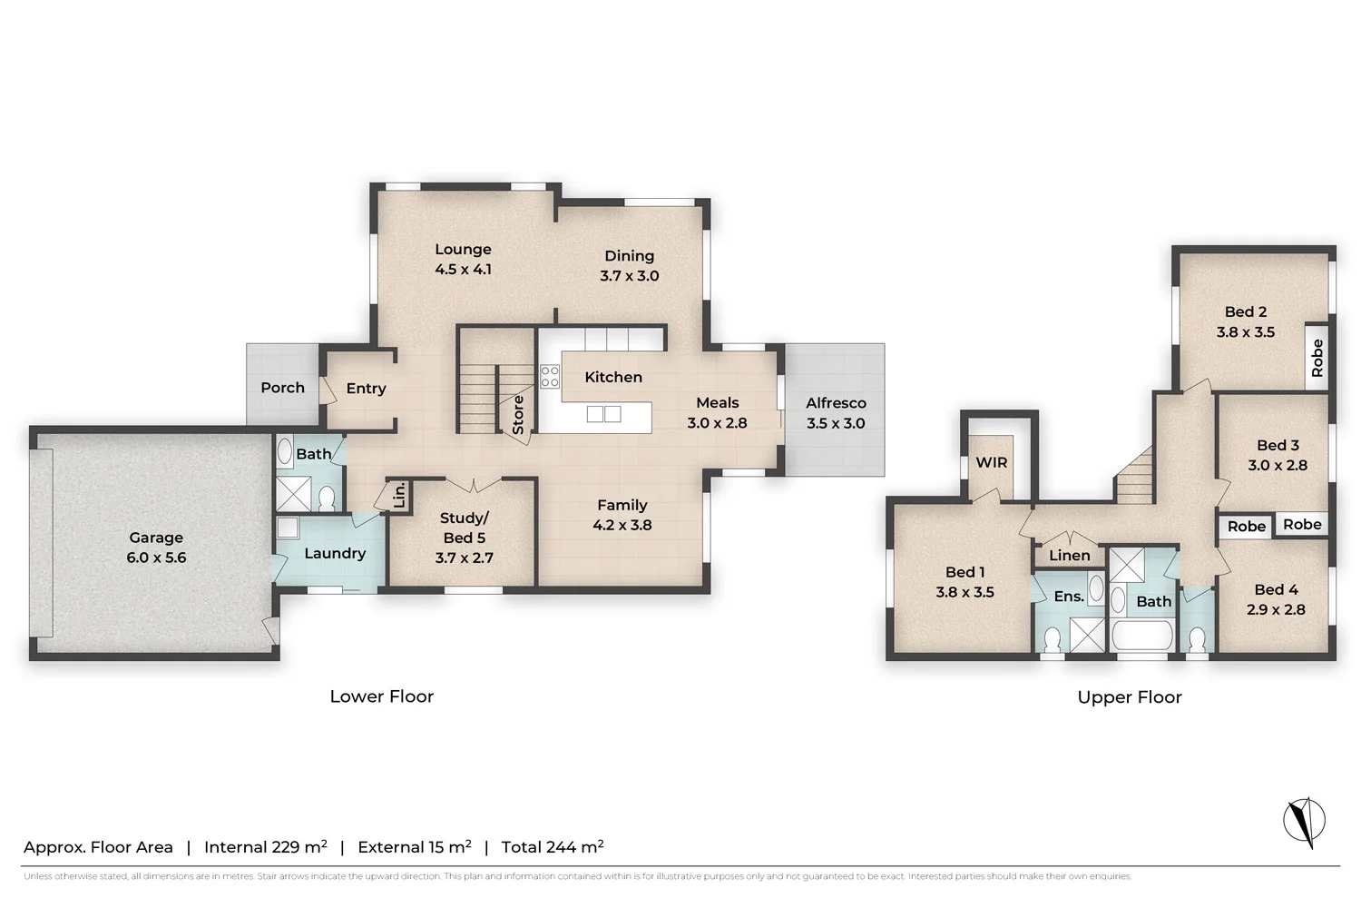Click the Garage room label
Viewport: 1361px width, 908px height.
click(x=156, y=538)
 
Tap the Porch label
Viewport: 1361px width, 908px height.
click(x=282, y=388)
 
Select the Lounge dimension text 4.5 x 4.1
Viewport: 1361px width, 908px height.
click(x=463, y=270)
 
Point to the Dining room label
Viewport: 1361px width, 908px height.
click(x=629, y=256)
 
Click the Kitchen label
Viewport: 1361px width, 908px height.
click(x=613, y=377)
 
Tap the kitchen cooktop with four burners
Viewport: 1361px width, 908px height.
click(x=550, y=377)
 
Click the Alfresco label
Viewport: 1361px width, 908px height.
click(x=836, y=403)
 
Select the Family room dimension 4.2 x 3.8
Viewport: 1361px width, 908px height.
click(x=622, y=525)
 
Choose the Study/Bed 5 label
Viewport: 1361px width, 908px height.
click(x=464, y=528)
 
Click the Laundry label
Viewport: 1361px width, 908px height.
click(x=335, y=553)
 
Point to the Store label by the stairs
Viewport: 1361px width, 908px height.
click(x=518, y=415)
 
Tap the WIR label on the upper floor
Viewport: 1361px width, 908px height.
click(x=992, y=462)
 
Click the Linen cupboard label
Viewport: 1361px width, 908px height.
click(x=1070, y=555)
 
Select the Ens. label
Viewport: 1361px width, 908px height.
click(x=1069, y=597)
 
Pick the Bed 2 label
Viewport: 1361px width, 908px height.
click(x=1246, y=311)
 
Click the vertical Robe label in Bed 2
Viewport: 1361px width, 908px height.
click(x=1317, y=358)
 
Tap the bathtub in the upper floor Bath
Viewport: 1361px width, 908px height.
click(x=1143, y=637)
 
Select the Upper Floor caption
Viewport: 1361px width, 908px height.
click(x=1130, y=697)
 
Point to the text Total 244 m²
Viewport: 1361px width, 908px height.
click(x=553, y=847)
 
